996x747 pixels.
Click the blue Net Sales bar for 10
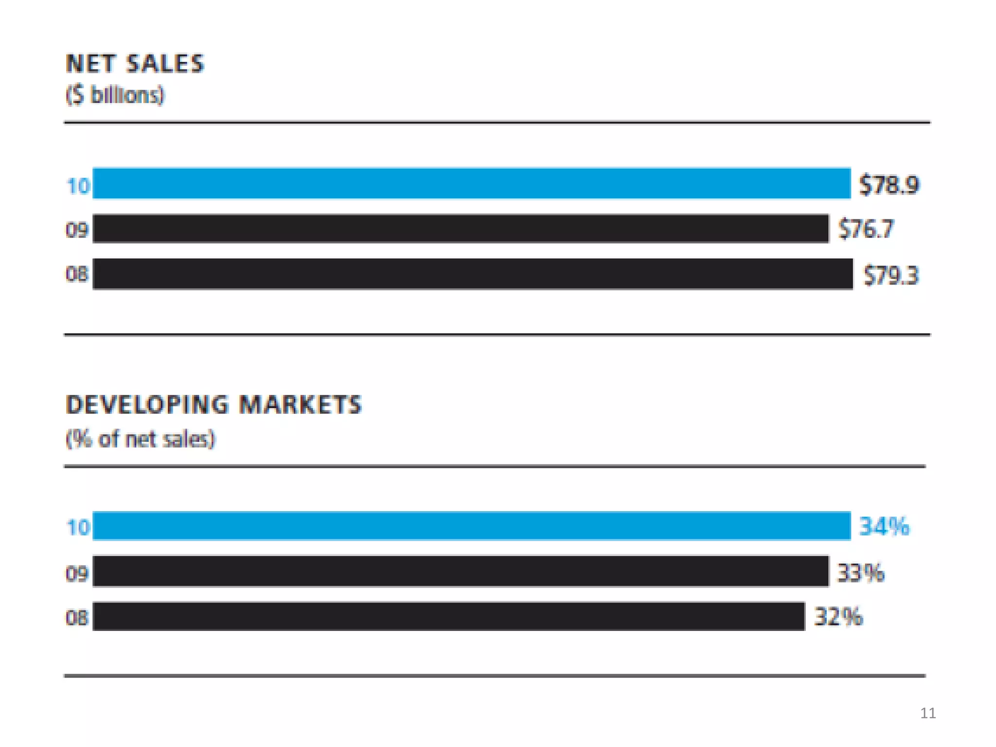click(471, 183)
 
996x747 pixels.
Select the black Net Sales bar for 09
click(461, 228)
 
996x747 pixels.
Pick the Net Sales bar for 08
click(473, 274)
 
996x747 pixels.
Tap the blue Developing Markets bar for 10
click(471, 526)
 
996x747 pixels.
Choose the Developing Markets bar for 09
click(461, 571)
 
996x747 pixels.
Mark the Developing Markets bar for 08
click(448, 616)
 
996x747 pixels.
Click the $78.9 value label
click(889, 185)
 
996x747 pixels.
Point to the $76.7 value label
click(866, 229)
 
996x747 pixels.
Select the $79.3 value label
click(890, 275)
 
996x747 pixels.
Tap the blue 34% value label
click(884, 526)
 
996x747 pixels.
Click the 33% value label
click(860, 572)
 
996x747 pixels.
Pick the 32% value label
click(838, 617)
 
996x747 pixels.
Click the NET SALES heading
click(135, 64)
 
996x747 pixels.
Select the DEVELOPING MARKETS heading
click(214, 405)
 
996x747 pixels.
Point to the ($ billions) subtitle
click(115, 95)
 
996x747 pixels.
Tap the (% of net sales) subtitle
click(140, 439)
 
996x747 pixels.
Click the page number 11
click(928, 713)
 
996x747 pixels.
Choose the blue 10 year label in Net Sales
click(78, 186)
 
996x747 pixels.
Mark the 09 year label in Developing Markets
click(77, 574)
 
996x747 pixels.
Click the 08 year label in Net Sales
click(77, 274)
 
